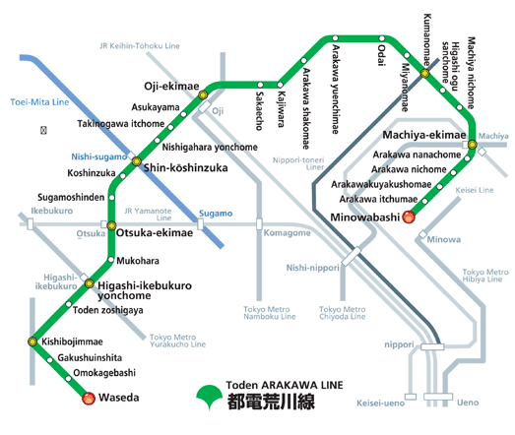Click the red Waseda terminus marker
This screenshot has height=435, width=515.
tap(88, 399)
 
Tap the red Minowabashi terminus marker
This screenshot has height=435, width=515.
tap(409, 216)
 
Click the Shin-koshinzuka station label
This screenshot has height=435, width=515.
tap(185, 168)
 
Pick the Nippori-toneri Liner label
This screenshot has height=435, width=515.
tap(314, 160)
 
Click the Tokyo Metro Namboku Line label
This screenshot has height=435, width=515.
tap(267, 314)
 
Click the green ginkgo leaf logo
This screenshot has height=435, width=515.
tap(209, 396)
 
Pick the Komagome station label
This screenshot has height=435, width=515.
tap(287, 232)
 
